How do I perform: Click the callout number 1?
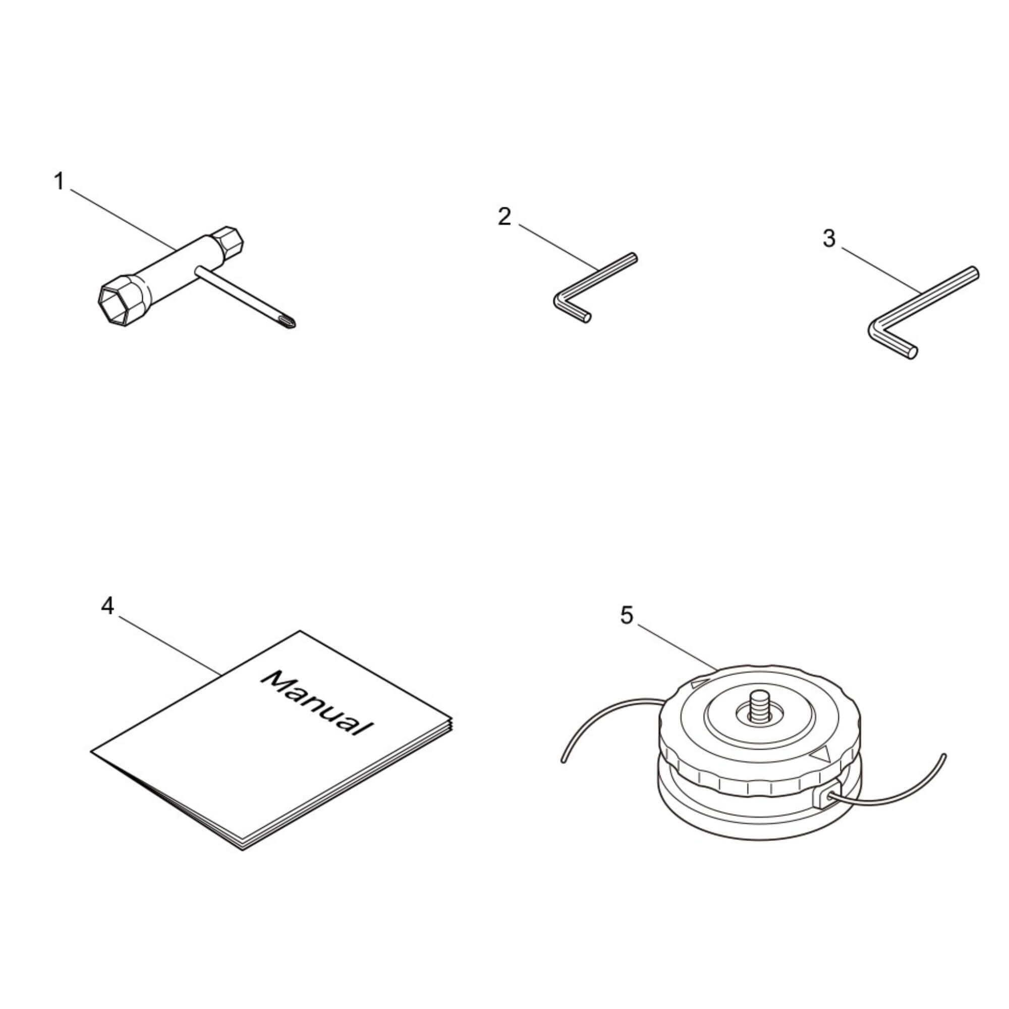pos(59,182)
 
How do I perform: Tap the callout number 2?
pos(504,217)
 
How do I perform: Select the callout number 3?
pos(829,239)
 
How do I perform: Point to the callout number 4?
pos(107,606)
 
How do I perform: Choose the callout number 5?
pos(627,615)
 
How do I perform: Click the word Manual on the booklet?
pos(317,703)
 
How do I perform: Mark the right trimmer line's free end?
pos(944,756)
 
